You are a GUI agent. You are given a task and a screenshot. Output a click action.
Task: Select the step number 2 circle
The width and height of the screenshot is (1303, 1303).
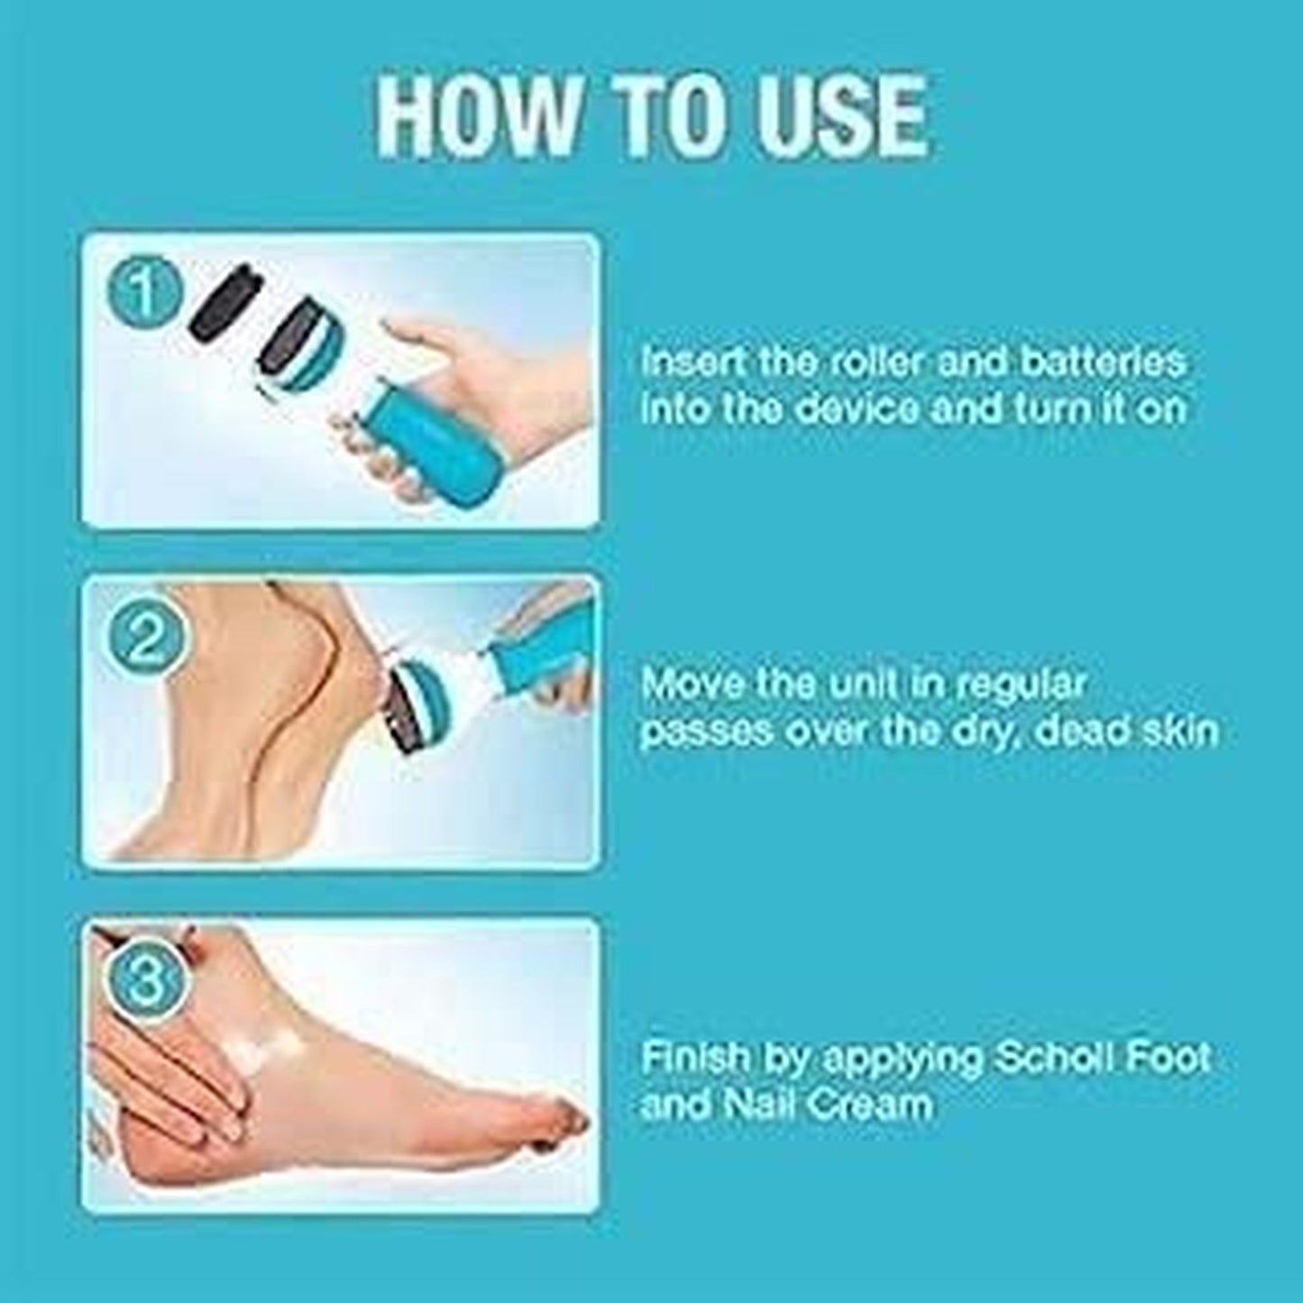(x=146, y=639)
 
